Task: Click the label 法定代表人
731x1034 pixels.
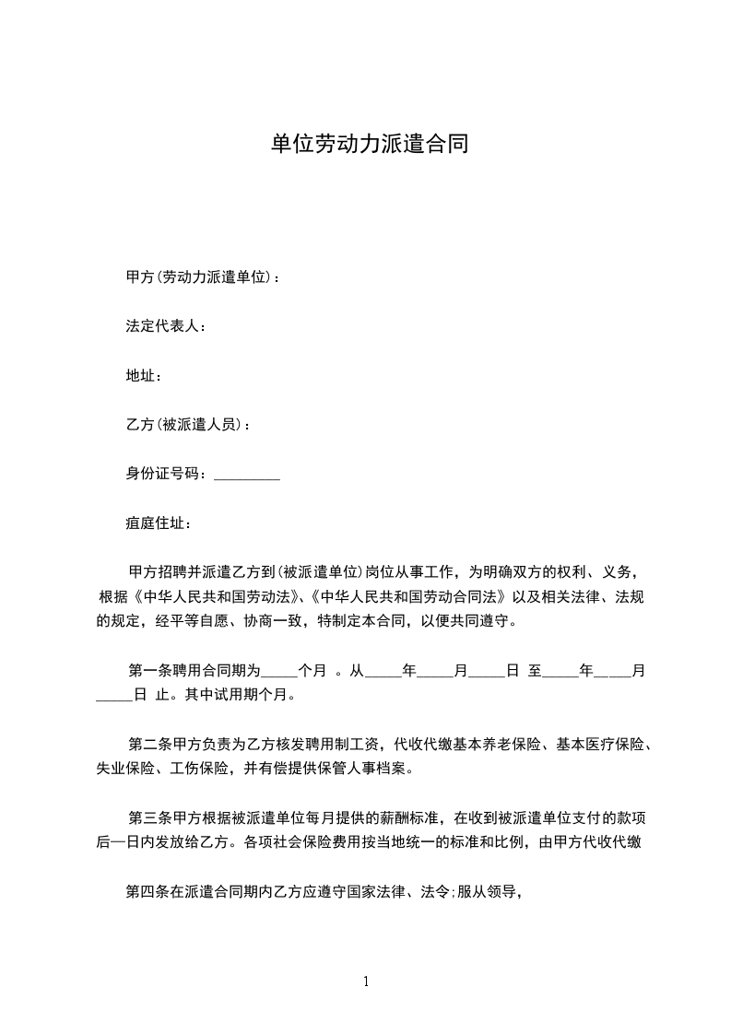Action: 163,326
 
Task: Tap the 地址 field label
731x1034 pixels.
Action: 142,376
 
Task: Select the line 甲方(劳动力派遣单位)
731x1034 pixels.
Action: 199,276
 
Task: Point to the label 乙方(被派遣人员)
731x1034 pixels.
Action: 185,425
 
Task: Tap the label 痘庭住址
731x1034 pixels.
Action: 156,524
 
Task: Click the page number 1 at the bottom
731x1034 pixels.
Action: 366,981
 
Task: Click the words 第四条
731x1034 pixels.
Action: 147,891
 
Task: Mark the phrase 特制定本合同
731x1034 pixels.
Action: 365,621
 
